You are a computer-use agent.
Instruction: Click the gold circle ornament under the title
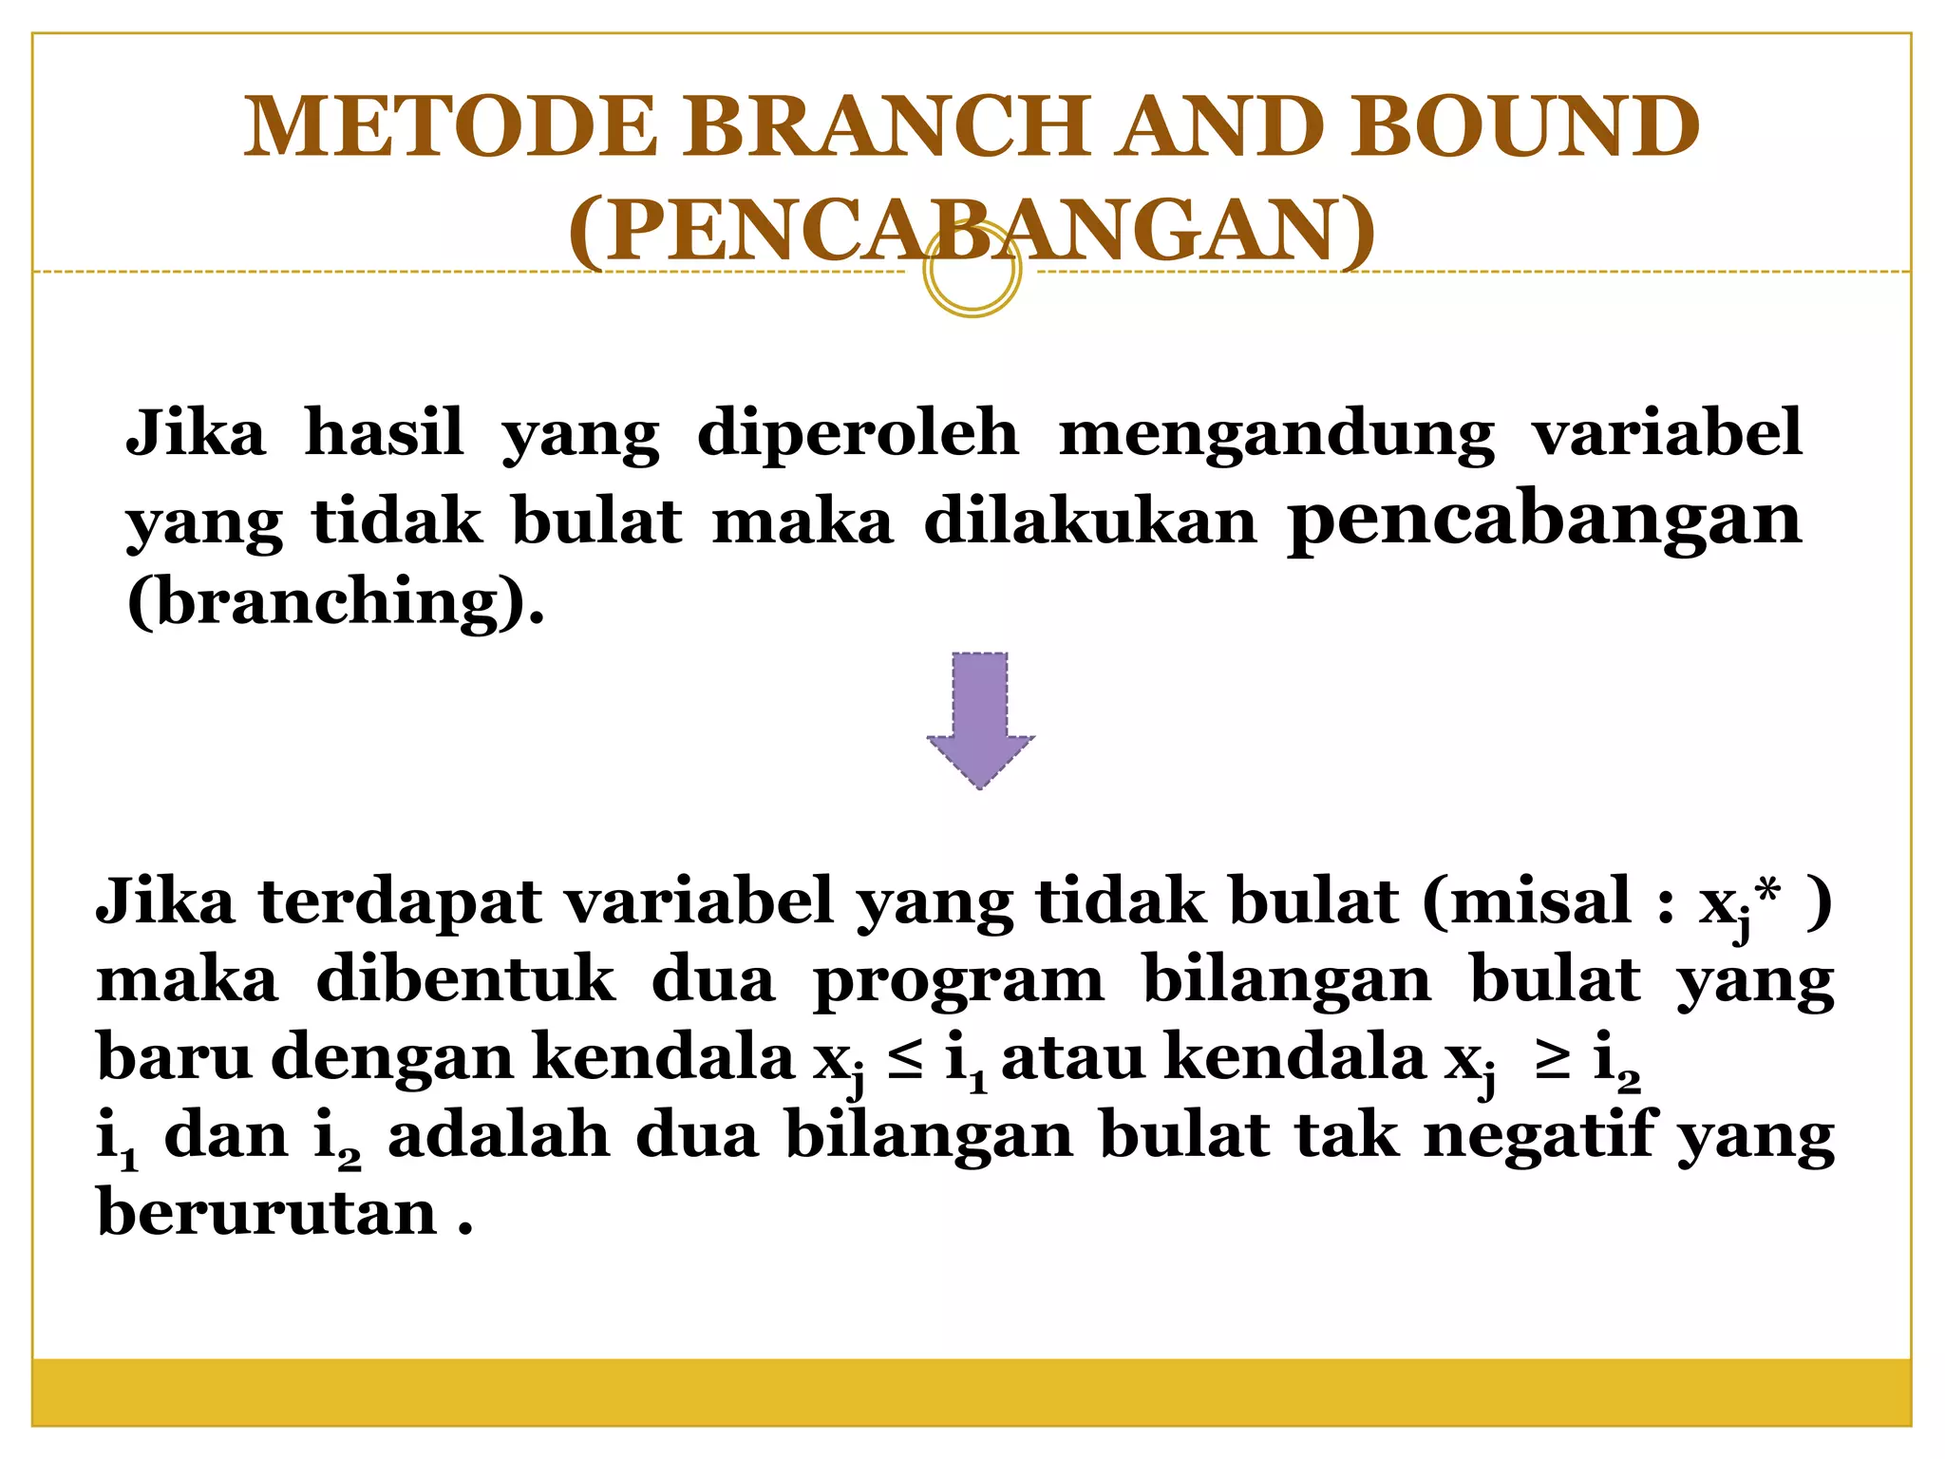[972, 272]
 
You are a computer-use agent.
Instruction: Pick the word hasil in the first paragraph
[384, 432]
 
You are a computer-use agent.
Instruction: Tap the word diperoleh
[858, 432]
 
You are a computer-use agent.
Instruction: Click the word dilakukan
[1089, 521]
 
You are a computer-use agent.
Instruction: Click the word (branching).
[335, 601]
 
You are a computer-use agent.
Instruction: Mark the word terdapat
[400, 902]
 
